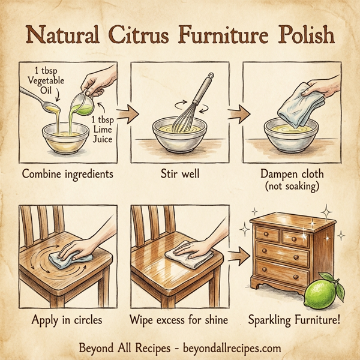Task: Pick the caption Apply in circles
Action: [x=67, y=320]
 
